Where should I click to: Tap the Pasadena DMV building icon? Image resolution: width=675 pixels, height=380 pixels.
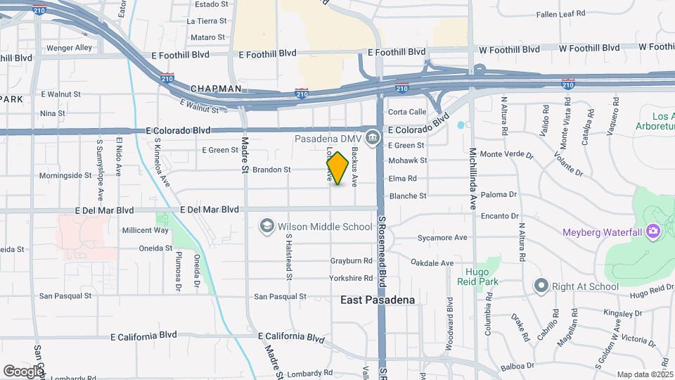(x=374, y=136)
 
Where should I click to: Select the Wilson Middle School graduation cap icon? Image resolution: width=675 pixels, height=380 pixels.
(x=266, y=226)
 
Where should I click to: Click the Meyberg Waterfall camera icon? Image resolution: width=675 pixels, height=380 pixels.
(x=653, y=231)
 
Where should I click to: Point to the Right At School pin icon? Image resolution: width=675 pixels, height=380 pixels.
(x=541, y=286)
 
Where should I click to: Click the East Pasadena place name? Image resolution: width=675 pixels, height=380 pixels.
(x=377, y=300)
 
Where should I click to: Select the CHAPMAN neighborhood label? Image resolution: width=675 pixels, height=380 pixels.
(x=216, y=89)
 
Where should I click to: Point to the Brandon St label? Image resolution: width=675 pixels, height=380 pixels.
(x=271, y=170)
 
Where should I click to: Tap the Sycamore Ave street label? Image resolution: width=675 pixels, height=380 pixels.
(x=442, y=238)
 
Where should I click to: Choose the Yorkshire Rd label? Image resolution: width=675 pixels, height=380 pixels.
(x=351, y=279)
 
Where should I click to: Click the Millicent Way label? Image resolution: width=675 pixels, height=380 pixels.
(x=146, y=230)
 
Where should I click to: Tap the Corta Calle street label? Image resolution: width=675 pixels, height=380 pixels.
(x=407, y=112)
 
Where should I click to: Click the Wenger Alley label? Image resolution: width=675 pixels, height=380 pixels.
(x=69, y=48)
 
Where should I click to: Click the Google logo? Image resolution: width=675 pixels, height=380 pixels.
(x=23, y=371)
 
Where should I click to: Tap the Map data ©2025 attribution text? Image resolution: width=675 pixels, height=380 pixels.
(x=645, y=374)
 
